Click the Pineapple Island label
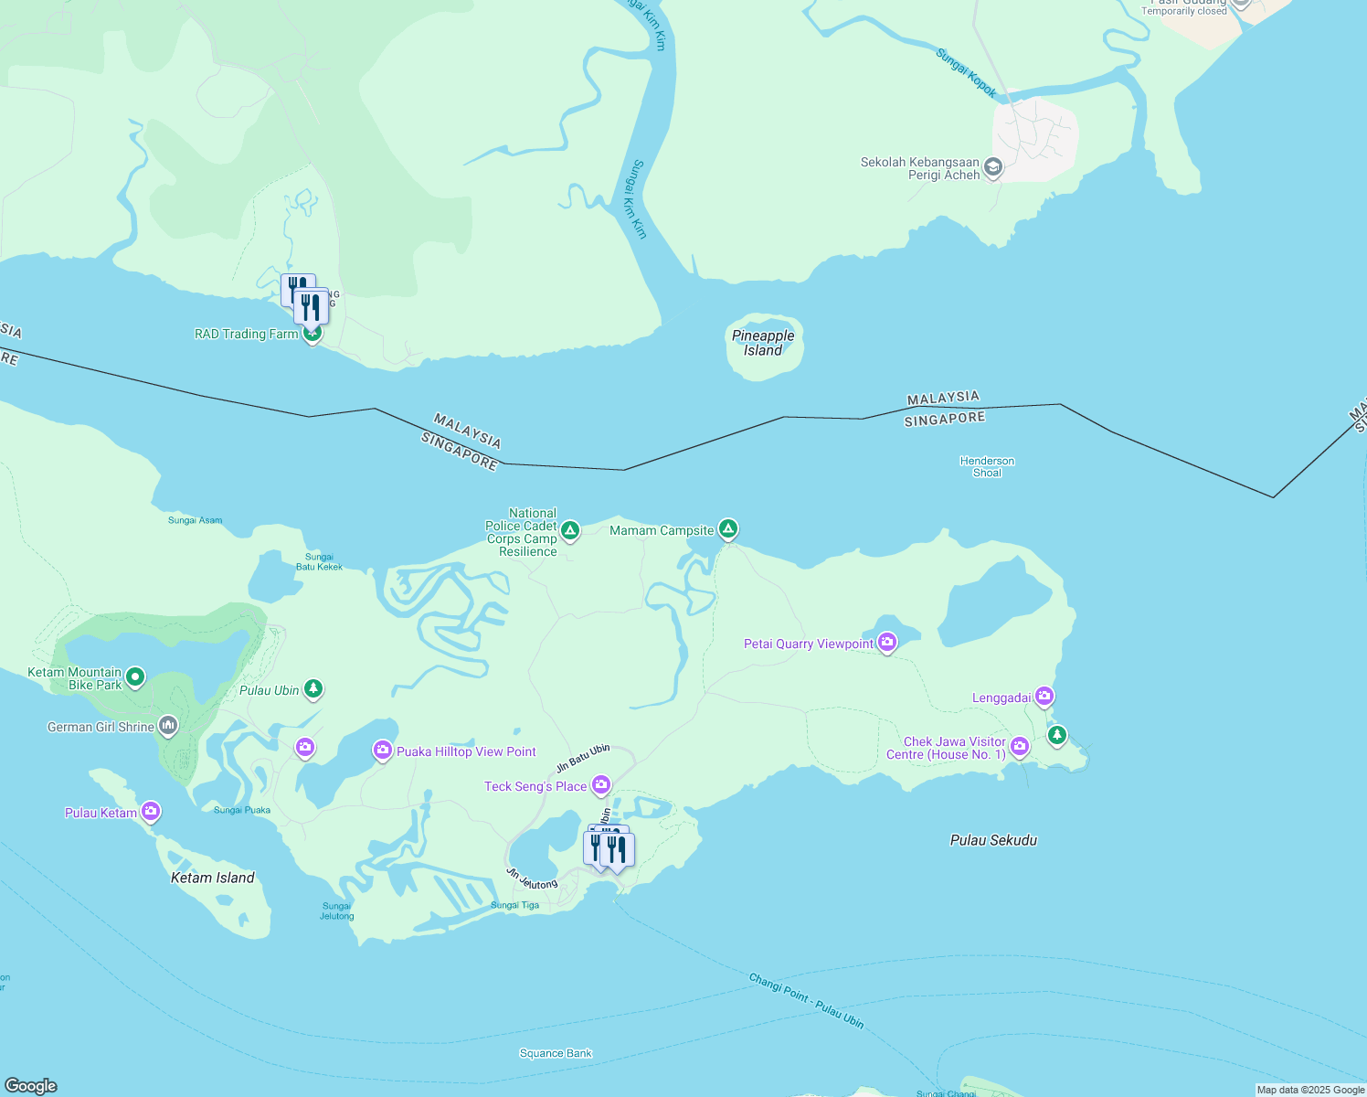click(763, 344)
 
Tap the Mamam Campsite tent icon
click(727, 528)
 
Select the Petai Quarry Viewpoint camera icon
click(886, 643)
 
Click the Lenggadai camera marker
click(1044, 697)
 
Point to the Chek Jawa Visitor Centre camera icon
click(1020, 747)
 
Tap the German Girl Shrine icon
click(167, 726)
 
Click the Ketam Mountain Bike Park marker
click(135, 677)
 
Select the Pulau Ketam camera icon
click(151, 811)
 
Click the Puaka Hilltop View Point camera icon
click(382, 751)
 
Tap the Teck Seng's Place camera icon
click(600, 784)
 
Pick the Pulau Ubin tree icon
click(313, 688)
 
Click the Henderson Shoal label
click(987, 467)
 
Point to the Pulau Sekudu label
click(993, 840)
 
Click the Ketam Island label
click(213, 878)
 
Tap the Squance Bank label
click(556, 1053)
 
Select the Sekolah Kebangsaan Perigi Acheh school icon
click(993, 167)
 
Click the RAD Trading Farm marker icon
click(312, 334)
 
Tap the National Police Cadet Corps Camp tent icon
click(569, 530)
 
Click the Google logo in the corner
click(31, 1085)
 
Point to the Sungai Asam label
click(195, 520)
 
